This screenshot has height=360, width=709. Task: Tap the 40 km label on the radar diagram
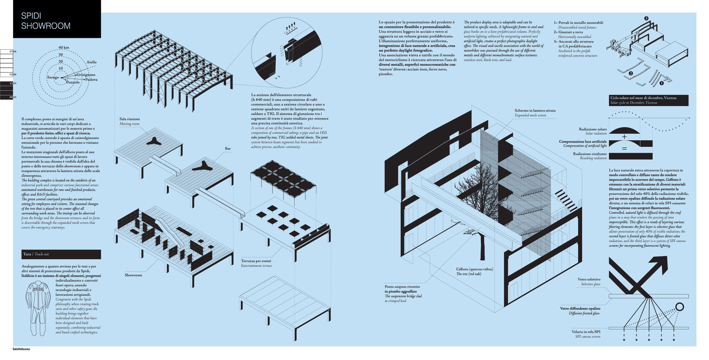tap(64, 48)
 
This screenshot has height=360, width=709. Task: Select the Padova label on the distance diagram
tap(91, 80)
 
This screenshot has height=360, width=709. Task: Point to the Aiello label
tap(91, 62)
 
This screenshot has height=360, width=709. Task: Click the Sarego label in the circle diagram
tap(53, 77)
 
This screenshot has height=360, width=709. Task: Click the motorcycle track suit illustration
tap(38, 308)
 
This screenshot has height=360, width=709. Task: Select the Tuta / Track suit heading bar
tap(61, 254)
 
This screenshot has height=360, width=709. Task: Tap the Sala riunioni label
tap(130, 119)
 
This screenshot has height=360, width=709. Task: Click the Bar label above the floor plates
tap(228, 149)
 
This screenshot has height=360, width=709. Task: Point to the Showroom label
tap(133, 275)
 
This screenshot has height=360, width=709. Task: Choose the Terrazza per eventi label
tap(256, 261)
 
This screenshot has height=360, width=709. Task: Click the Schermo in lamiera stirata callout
tap(535, 111)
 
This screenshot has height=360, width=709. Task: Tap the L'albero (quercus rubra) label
tap(474, 269)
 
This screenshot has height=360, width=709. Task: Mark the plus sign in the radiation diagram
tap(624, 137)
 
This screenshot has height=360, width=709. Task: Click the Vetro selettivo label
tap(589, 280)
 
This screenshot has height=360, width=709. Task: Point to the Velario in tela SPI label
tap(586, 332)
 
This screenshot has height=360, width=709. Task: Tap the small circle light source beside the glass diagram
tap(679, 307)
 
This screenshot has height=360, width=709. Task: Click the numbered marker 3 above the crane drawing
tap(646, 18)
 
